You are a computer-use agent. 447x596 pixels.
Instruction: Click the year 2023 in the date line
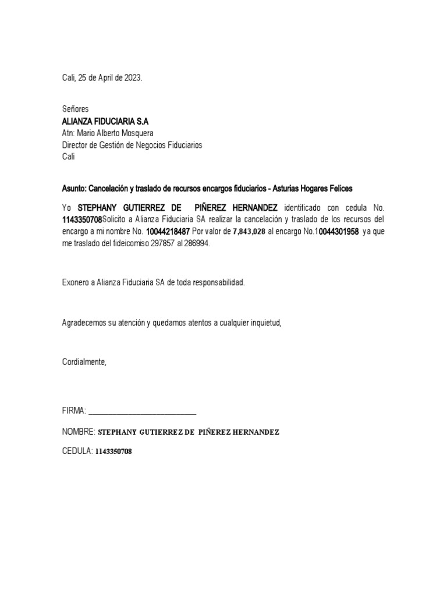click(132, 77)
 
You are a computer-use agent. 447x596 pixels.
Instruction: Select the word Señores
click(76, 109)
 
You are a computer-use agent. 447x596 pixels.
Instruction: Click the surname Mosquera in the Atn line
click(137, 133)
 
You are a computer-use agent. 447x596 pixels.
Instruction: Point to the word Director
click(76, 145)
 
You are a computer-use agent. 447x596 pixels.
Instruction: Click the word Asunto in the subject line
click(74, 189)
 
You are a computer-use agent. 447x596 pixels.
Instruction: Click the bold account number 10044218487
click(168, 232)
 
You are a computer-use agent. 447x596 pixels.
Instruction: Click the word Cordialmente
click(84, 361)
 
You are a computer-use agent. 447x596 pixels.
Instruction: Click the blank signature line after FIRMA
click(143, 412)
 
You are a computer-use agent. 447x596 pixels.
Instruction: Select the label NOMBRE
click(79, 432)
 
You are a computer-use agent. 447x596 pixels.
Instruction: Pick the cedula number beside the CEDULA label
click(113, 452)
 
